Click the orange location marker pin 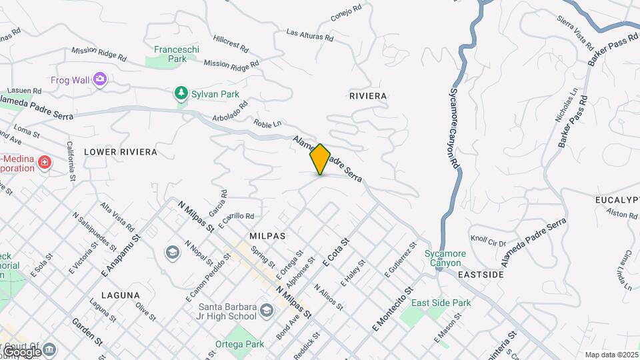[320, 159]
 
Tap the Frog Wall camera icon [100, 80]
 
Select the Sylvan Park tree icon [180, 94]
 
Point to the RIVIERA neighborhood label [368, 96]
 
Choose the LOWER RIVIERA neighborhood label [121, 152]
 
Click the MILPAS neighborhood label [267, 236]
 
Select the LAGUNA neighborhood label [121, 295]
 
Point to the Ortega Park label [239, 345]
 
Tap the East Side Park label [441, 303]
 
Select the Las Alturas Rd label [308, 35]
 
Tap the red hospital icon [45, 163]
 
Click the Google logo [21, 351]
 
